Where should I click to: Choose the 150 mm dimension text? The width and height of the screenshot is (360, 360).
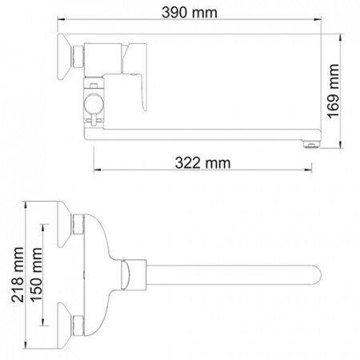34,277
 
